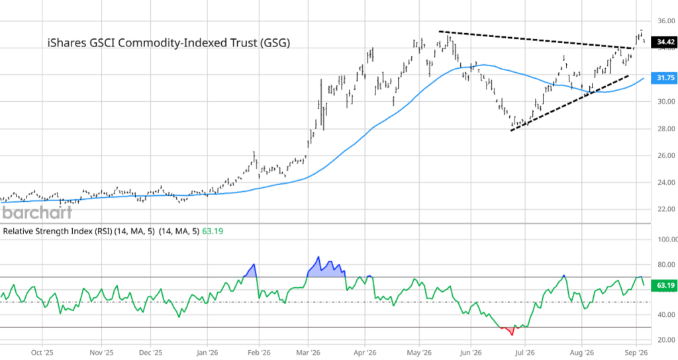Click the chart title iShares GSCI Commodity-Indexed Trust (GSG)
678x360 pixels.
point(169,43)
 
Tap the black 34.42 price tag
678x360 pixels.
point(665,42)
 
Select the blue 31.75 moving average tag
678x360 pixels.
point(665,78)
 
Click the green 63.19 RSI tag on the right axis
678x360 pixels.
point(665,285)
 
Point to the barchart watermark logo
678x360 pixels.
point(37,212)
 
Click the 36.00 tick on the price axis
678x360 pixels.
point(666,21)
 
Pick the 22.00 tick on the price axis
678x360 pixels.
point(666,210)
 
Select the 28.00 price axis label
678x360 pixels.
point(666,129)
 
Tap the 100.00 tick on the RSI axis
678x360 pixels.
point(667,240)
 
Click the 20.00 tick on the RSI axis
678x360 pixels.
point(666,339)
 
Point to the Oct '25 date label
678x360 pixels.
point(42,353)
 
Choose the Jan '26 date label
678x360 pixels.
point(207,353)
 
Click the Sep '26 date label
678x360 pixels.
point(636,353)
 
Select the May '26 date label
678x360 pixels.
point(419,353)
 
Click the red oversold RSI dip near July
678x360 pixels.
point(510,331)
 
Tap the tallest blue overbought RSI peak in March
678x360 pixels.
point(318,257)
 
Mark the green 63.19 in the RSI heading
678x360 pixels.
point(213,231)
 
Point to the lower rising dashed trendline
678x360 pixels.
point(569,103)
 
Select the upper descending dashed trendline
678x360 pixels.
point(536,40)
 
